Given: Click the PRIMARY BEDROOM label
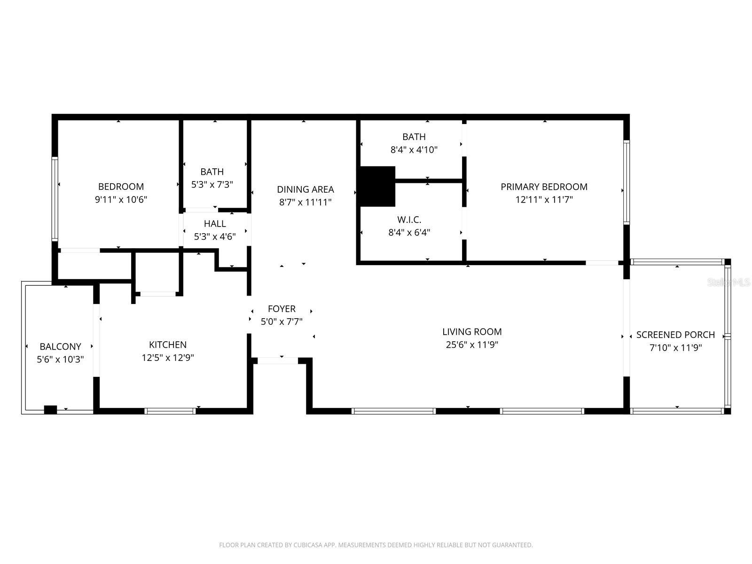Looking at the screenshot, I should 544,187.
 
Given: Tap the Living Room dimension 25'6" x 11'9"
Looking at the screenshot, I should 472,345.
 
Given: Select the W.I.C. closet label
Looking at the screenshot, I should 409,219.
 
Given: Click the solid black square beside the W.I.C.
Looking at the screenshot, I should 377,186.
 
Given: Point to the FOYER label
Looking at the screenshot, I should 282,309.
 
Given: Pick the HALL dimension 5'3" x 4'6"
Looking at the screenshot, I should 215,236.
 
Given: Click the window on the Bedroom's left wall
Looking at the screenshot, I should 55,199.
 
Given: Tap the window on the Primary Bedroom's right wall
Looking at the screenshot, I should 626,182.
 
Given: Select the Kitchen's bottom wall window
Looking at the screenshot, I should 170,411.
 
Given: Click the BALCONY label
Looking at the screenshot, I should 60,346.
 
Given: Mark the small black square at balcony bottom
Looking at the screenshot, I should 50,409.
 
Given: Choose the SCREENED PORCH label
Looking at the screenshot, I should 675,335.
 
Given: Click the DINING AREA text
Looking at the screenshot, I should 305,189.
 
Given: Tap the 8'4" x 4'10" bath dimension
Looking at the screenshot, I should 414,150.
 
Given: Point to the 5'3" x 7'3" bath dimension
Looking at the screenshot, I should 212,185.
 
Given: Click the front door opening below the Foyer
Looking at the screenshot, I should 278,360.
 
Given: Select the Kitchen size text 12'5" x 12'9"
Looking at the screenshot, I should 168,358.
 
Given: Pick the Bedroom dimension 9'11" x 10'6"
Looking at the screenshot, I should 121,199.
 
